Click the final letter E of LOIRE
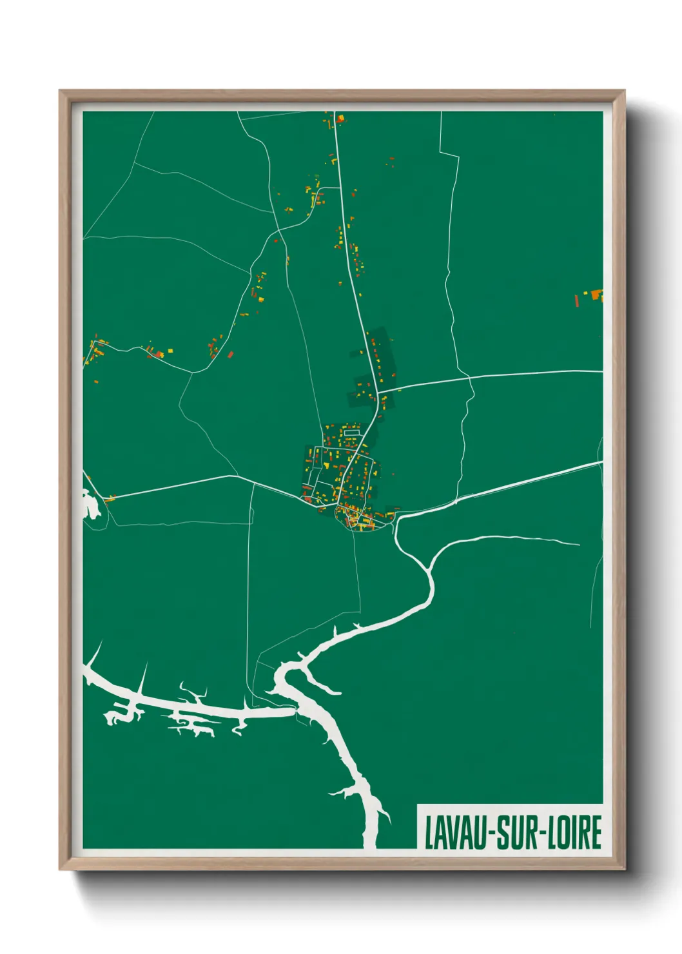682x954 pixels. click(x=596, y=833)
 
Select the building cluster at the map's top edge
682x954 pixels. click(x=337, y=119)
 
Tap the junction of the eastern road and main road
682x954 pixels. click(x=378, y=391)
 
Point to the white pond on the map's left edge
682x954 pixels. click(x=90, y=503)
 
